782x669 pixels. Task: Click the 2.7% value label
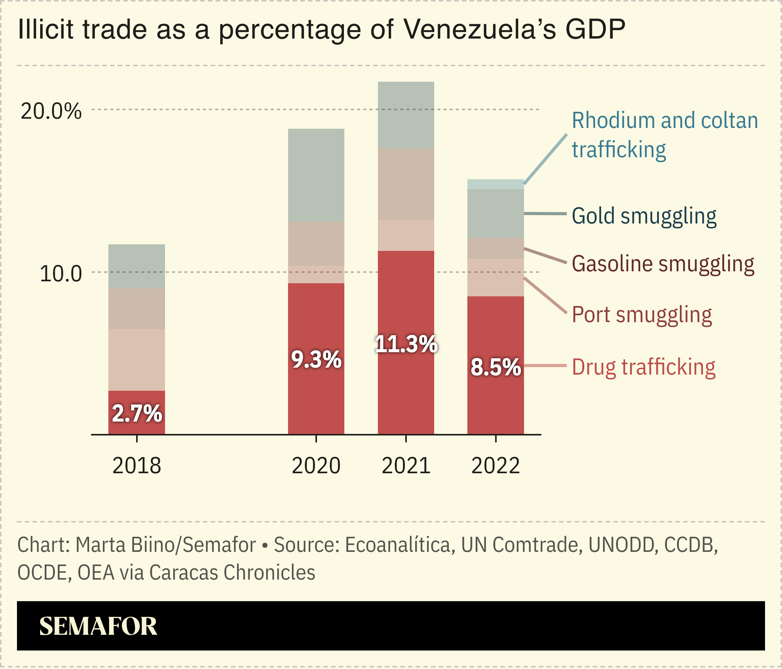pyautogui.click(x=137, y=414)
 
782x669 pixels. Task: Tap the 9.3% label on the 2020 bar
pyautogui.click(x=316, y=360)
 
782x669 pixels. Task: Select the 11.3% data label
pyautogui.click(x=406, y=344)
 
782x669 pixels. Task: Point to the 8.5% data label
pyautogui.click(x=495, y=367)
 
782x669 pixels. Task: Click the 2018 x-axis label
pyautogui.click(x=137, y=466)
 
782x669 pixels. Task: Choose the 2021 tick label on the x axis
pyautogui.click(x=406, y=466)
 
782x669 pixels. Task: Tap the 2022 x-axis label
pyautogui.click(x=495, y=466)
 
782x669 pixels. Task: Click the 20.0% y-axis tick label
pyautogui.click(x=51, y=111)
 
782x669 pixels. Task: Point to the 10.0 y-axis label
pyautogui.click(x=61, y=274)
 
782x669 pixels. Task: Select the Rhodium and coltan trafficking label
pyautogui.click(x=664, y=135)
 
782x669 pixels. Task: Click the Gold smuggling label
pyautogui.click(x=644, y=216)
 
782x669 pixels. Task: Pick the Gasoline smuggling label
pyautogui.click(x=662, y=264)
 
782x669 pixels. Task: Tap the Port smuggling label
pyautogui.click(x=641, y=315)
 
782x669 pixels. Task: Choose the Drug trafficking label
pyautogui.click(x=643, y=367)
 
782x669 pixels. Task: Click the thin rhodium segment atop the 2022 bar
pyautogui.click(x=495, y=185)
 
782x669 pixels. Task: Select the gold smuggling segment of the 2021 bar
pyautogui.click(x=406, y=115)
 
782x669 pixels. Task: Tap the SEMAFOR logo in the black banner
pyautogui.click(x=98, y=626)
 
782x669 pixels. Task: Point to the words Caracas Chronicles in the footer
pyautogui.click(x=232, y=573)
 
